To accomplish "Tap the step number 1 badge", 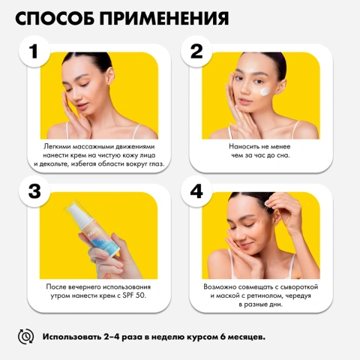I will tap(33, 53).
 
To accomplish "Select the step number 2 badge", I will tap(197, 52).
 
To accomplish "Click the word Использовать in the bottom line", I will tap(76, 336).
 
